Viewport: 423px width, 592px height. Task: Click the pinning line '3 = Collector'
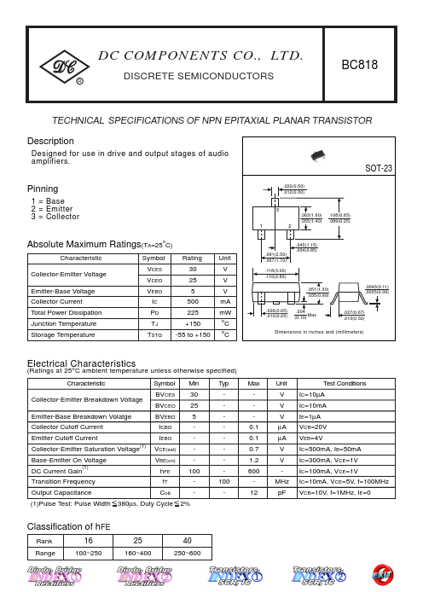pyautogui.click(x=55, y=217)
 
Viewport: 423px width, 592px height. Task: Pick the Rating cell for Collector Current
pyautogui.click(x=193, y=302)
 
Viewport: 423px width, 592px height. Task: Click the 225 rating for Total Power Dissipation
pyautogui.click(x=193, y=313)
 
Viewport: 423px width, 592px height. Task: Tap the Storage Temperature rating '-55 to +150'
pyautogui.click(x=193, y=335)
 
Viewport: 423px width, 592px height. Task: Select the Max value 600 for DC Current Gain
pyautogui.click(x=253, y=471)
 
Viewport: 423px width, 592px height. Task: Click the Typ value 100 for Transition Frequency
pyautogui.click(x=223, y=482)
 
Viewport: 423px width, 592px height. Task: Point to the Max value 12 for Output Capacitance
pyautogui.click(x=253, y=493)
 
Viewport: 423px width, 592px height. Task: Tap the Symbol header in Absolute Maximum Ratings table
pyautogui.click(x=153, y=258)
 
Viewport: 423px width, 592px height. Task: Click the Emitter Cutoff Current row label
pyautogui.click(x=65, y=438)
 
